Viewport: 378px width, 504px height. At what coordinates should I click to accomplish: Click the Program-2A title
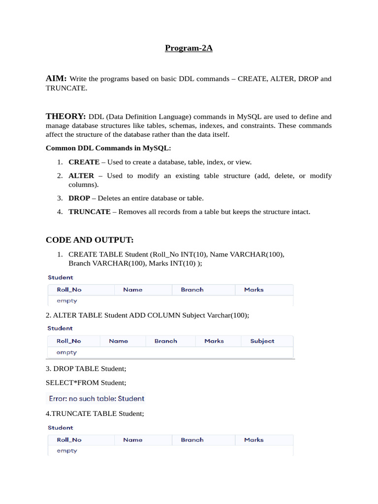189,49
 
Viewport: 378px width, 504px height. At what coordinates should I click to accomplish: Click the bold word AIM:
56,78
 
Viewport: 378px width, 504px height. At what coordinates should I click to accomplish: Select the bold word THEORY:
66,117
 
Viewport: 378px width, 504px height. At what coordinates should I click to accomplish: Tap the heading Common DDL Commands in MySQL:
108,148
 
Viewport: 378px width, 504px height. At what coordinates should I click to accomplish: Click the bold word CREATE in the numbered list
84,162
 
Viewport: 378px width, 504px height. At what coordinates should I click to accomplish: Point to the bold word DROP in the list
79,198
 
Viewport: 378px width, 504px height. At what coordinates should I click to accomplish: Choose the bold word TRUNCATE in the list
89,212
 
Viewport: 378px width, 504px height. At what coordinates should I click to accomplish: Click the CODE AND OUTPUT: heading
90,240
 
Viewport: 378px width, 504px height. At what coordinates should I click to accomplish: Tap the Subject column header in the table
262,341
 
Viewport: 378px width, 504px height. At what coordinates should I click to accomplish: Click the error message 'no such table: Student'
95,399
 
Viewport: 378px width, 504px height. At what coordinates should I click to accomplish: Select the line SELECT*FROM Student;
86,382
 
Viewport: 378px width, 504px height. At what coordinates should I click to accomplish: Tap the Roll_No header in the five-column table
69,341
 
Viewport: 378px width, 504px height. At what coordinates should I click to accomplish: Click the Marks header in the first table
253,290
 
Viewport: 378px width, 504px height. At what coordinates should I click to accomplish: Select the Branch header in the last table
192,440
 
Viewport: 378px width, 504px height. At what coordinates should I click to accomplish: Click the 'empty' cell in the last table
67,451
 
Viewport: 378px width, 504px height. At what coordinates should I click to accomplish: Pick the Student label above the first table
60,278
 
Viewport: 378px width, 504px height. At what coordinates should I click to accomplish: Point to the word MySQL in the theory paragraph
250,117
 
